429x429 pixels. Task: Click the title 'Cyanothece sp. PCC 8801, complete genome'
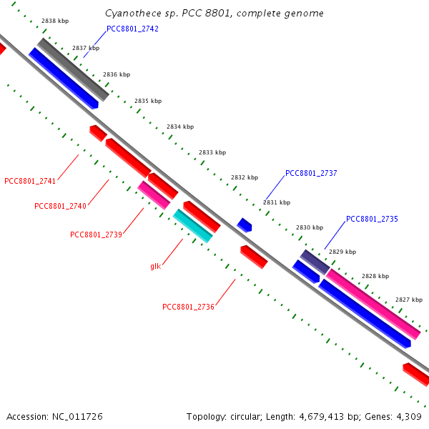[x=214, y=14]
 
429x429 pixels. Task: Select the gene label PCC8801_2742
[x=132, y=29]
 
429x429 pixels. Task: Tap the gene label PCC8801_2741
[x=30, y=181]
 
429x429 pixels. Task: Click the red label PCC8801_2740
[x=60, y=206]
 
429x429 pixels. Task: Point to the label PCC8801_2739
[x=96, y=235]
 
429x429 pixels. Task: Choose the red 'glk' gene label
[x=155, y=266]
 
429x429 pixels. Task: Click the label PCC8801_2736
[x=188, y=307]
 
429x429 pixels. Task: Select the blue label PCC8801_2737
[x=311, y=173]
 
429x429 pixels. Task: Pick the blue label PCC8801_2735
[x=372, y=219]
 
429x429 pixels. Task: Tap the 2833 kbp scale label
[x=212, y=152]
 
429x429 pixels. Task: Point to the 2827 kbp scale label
[x=408, y=300]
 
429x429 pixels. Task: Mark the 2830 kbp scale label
[x=309, y=227]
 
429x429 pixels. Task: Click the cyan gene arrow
[x=192, y=225]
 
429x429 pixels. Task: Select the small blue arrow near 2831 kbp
[x=245, y=225]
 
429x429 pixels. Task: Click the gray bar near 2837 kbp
[x=73, y=69]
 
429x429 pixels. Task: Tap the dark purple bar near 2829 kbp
[x=315, y=262]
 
